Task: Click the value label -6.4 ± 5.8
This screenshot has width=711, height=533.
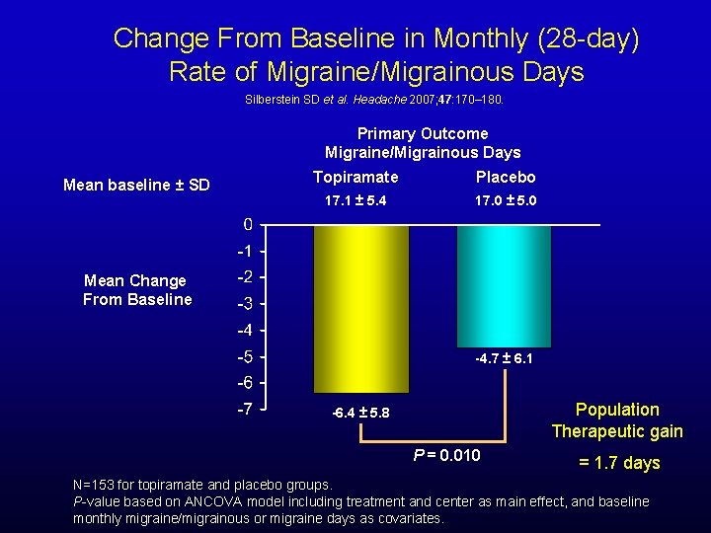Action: (360, 412)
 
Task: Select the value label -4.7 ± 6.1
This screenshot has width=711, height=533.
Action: (504, 358)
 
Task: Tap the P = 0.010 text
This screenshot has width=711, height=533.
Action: (446, 455)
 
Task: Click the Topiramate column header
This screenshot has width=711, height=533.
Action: (355, 178)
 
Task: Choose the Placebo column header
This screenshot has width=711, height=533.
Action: (506, 178)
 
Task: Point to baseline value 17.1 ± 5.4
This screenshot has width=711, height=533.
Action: (355, 201)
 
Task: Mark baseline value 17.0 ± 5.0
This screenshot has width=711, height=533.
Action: (506, 201)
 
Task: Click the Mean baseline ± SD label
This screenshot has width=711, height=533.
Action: (136, 186)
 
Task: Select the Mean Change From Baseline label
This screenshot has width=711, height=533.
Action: (136, 290)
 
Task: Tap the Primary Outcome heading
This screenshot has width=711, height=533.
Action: (422, 133)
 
